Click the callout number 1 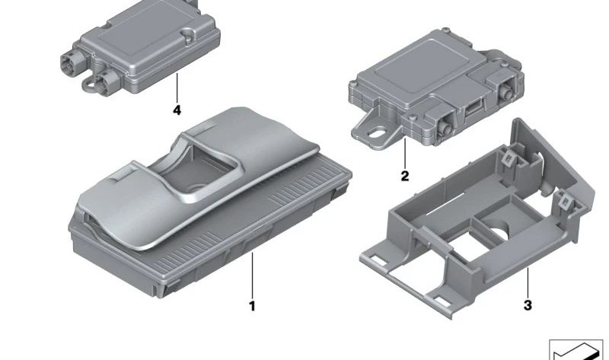[x=252, y=306]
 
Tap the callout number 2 [x=405, y=177]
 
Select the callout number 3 [x=528, y=305]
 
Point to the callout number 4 [x=177, y=110]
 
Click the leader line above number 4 [x=177, y=88]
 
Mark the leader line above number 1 [x=252, y=275]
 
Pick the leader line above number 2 [x=405, y=153]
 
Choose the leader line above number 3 [x=528, y=282]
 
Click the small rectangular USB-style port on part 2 [x=473, y=108]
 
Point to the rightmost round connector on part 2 [x=507, y=92]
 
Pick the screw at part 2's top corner [x=447, y=30]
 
